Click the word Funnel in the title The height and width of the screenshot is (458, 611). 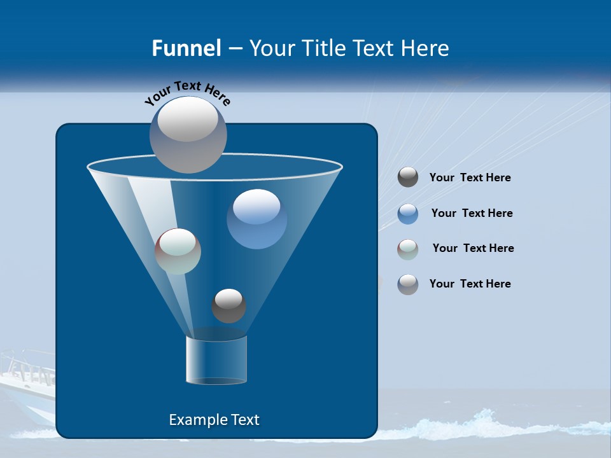(x=186, y=48)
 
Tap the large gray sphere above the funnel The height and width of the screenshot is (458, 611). (x=188, y=134)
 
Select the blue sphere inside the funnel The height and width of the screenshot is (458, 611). (x=256, y=219)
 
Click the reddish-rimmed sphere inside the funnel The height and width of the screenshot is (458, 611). (x=178, y=251)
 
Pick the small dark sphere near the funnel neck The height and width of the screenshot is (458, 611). (x=228, y=306)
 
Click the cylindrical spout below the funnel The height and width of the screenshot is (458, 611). (x=216, y=361)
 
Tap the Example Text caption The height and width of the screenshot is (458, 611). (x=214, y=420)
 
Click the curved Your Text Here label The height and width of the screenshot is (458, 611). (x=187, y=92)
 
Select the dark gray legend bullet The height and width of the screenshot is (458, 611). (x=408, y=177)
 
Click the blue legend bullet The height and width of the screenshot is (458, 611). (x=408, y=214)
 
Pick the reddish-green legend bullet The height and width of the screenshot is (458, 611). (x=408, y=249)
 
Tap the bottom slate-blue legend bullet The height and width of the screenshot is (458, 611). (x=408, y=284)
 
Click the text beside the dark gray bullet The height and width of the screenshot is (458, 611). (x=470, y=178)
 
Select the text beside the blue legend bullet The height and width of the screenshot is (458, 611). (x=472, y=214)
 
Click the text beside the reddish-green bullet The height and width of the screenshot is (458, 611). (x=473, y=249)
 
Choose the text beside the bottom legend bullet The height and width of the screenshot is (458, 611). (x=470, y=284)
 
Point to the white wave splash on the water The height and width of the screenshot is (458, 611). (x=484, y=422)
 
